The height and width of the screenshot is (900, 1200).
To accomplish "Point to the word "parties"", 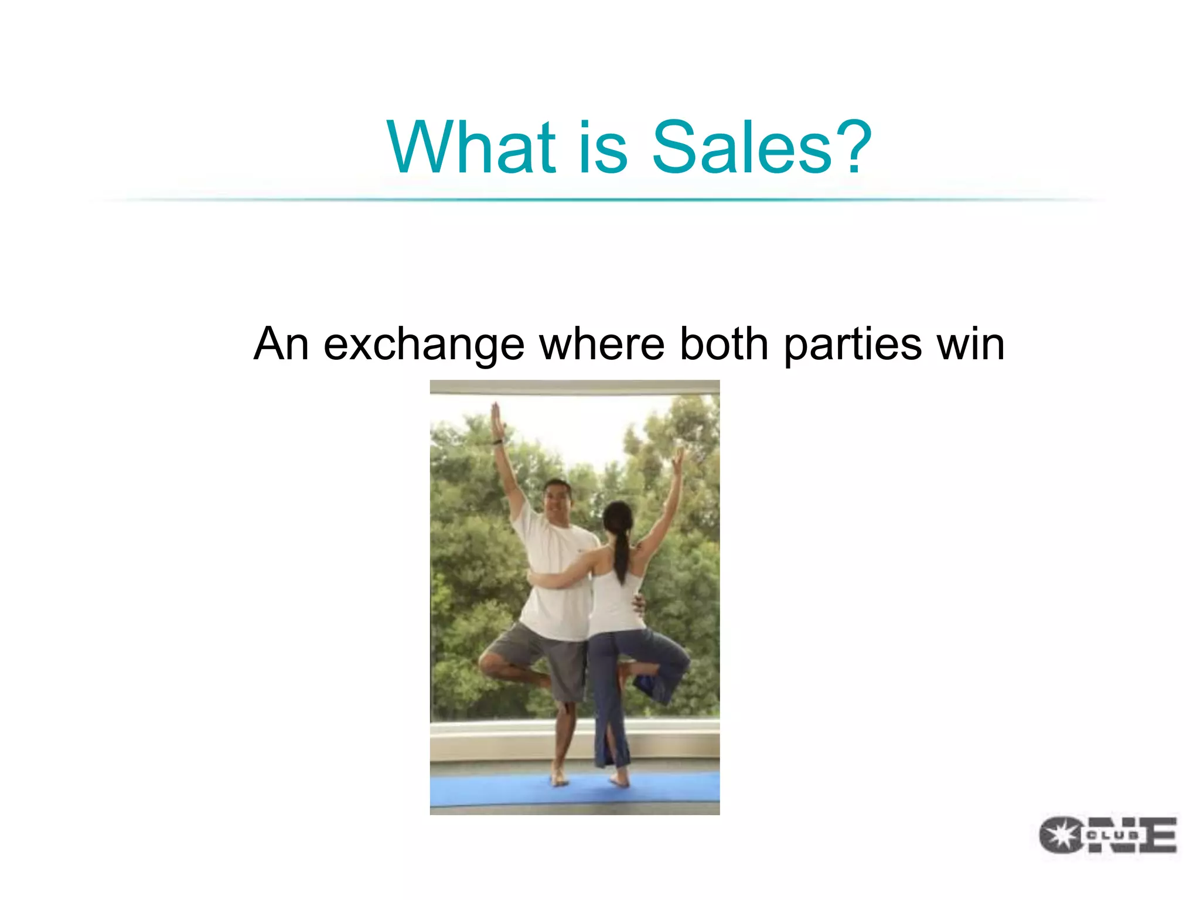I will pyautogui.click(x=853, y=346).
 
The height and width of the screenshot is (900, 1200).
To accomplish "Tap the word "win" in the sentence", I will pyautogui.click(x=971, y=345).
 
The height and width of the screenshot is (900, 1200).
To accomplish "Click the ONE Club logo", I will pyautogui.click(x=1107, y=834).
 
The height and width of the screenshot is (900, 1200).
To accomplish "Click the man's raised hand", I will pyautogui.click(x=497, y=419).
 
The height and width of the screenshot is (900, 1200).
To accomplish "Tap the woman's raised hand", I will pyautogui.click(x=680, y=458).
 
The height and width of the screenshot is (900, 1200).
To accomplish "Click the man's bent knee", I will pyautogui.click(x=487, y=664).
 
